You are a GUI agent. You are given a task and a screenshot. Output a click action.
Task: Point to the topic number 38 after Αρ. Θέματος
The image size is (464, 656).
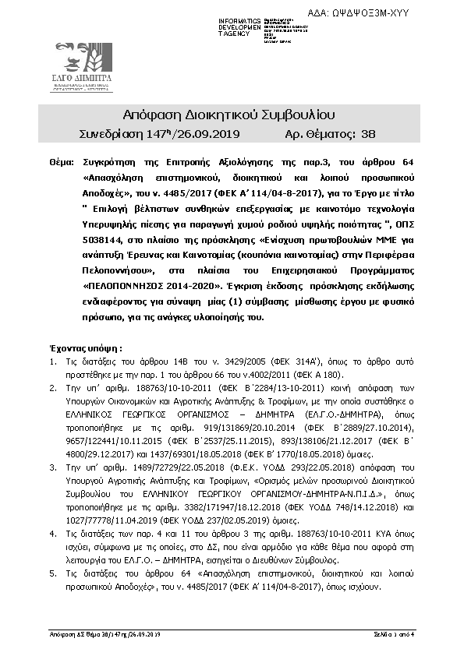[x=369, y=134]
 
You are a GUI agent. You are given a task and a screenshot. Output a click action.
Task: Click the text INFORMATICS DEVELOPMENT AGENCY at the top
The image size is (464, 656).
[x=240, y=26]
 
